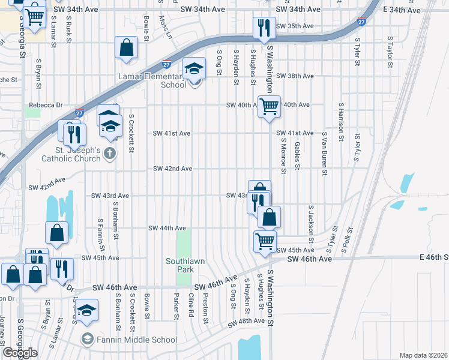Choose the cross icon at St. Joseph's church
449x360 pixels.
point(109,153)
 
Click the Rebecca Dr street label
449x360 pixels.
point(46,105)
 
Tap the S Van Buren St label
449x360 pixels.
point(324,154)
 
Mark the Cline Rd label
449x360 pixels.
point(191,305)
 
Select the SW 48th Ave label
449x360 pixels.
point(247,321)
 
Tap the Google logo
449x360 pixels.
point(19,352)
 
